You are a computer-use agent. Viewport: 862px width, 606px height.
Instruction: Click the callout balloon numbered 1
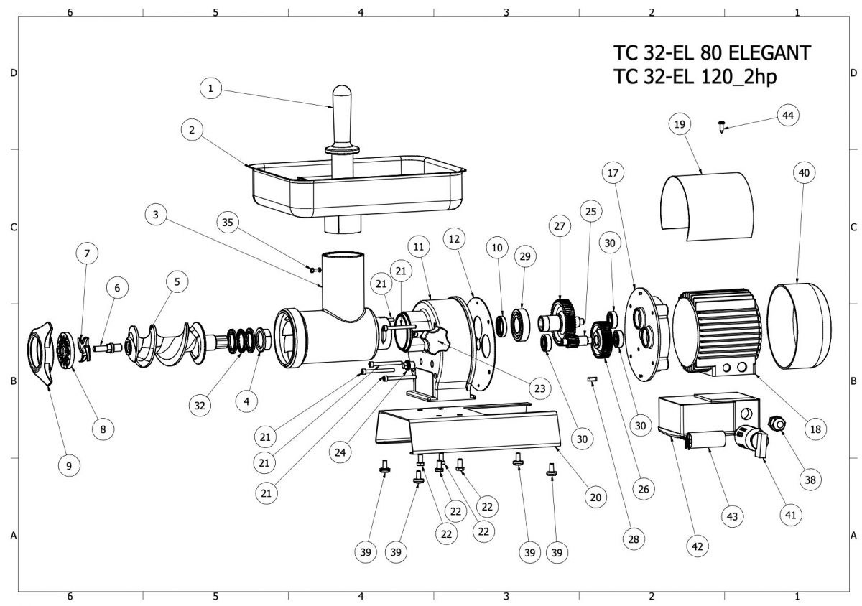coord(210,88)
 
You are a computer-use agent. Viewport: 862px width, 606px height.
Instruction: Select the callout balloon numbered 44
coord(788,116)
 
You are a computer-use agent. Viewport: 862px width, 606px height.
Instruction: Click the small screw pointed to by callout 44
coord(721,126)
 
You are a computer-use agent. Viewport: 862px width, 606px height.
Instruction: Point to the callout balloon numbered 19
coord(680,124)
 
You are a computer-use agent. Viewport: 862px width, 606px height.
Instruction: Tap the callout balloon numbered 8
coord(103,429)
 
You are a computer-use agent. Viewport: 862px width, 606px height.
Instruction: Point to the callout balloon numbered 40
coord(804,173)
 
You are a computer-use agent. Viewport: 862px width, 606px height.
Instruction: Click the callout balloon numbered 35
coord(228,222)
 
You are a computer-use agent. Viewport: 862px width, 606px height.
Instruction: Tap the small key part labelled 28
coord(592,379)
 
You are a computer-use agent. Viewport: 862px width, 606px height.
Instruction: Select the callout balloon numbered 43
coord(732,516)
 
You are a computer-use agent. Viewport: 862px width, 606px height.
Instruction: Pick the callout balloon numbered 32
coord(200,405)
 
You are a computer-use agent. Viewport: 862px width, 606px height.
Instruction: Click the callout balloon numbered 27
coord(560,226)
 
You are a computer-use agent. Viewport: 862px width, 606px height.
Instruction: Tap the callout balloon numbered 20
coord(595,497)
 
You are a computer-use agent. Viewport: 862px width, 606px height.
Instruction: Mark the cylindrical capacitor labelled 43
coord(706,441)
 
